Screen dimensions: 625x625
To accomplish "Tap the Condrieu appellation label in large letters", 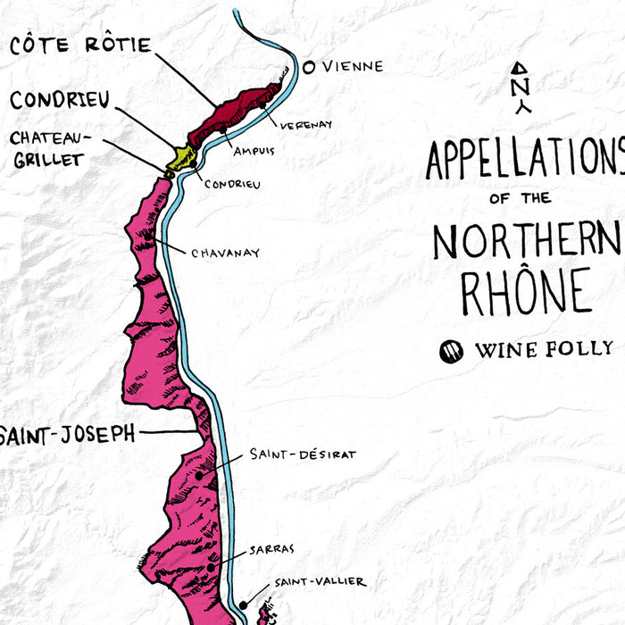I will point(60,99).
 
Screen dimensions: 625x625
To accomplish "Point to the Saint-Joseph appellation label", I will point(67,434).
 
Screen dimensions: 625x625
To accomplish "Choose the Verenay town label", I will point(305,124).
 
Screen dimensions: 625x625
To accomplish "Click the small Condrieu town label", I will point(232,184).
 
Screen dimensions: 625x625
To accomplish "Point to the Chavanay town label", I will point(225,253).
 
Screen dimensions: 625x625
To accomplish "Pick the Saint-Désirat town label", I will point(303,454).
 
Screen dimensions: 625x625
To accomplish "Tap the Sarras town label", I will point(272,547).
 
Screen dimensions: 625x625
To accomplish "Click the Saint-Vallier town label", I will point(319,582).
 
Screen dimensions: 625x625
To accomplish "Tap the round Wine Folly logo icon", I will point(452,351).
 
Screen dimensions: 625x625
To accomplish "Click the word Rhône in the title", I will point(525,290).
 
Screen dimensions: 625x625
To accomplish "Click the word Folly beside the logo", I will point(579,349).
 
